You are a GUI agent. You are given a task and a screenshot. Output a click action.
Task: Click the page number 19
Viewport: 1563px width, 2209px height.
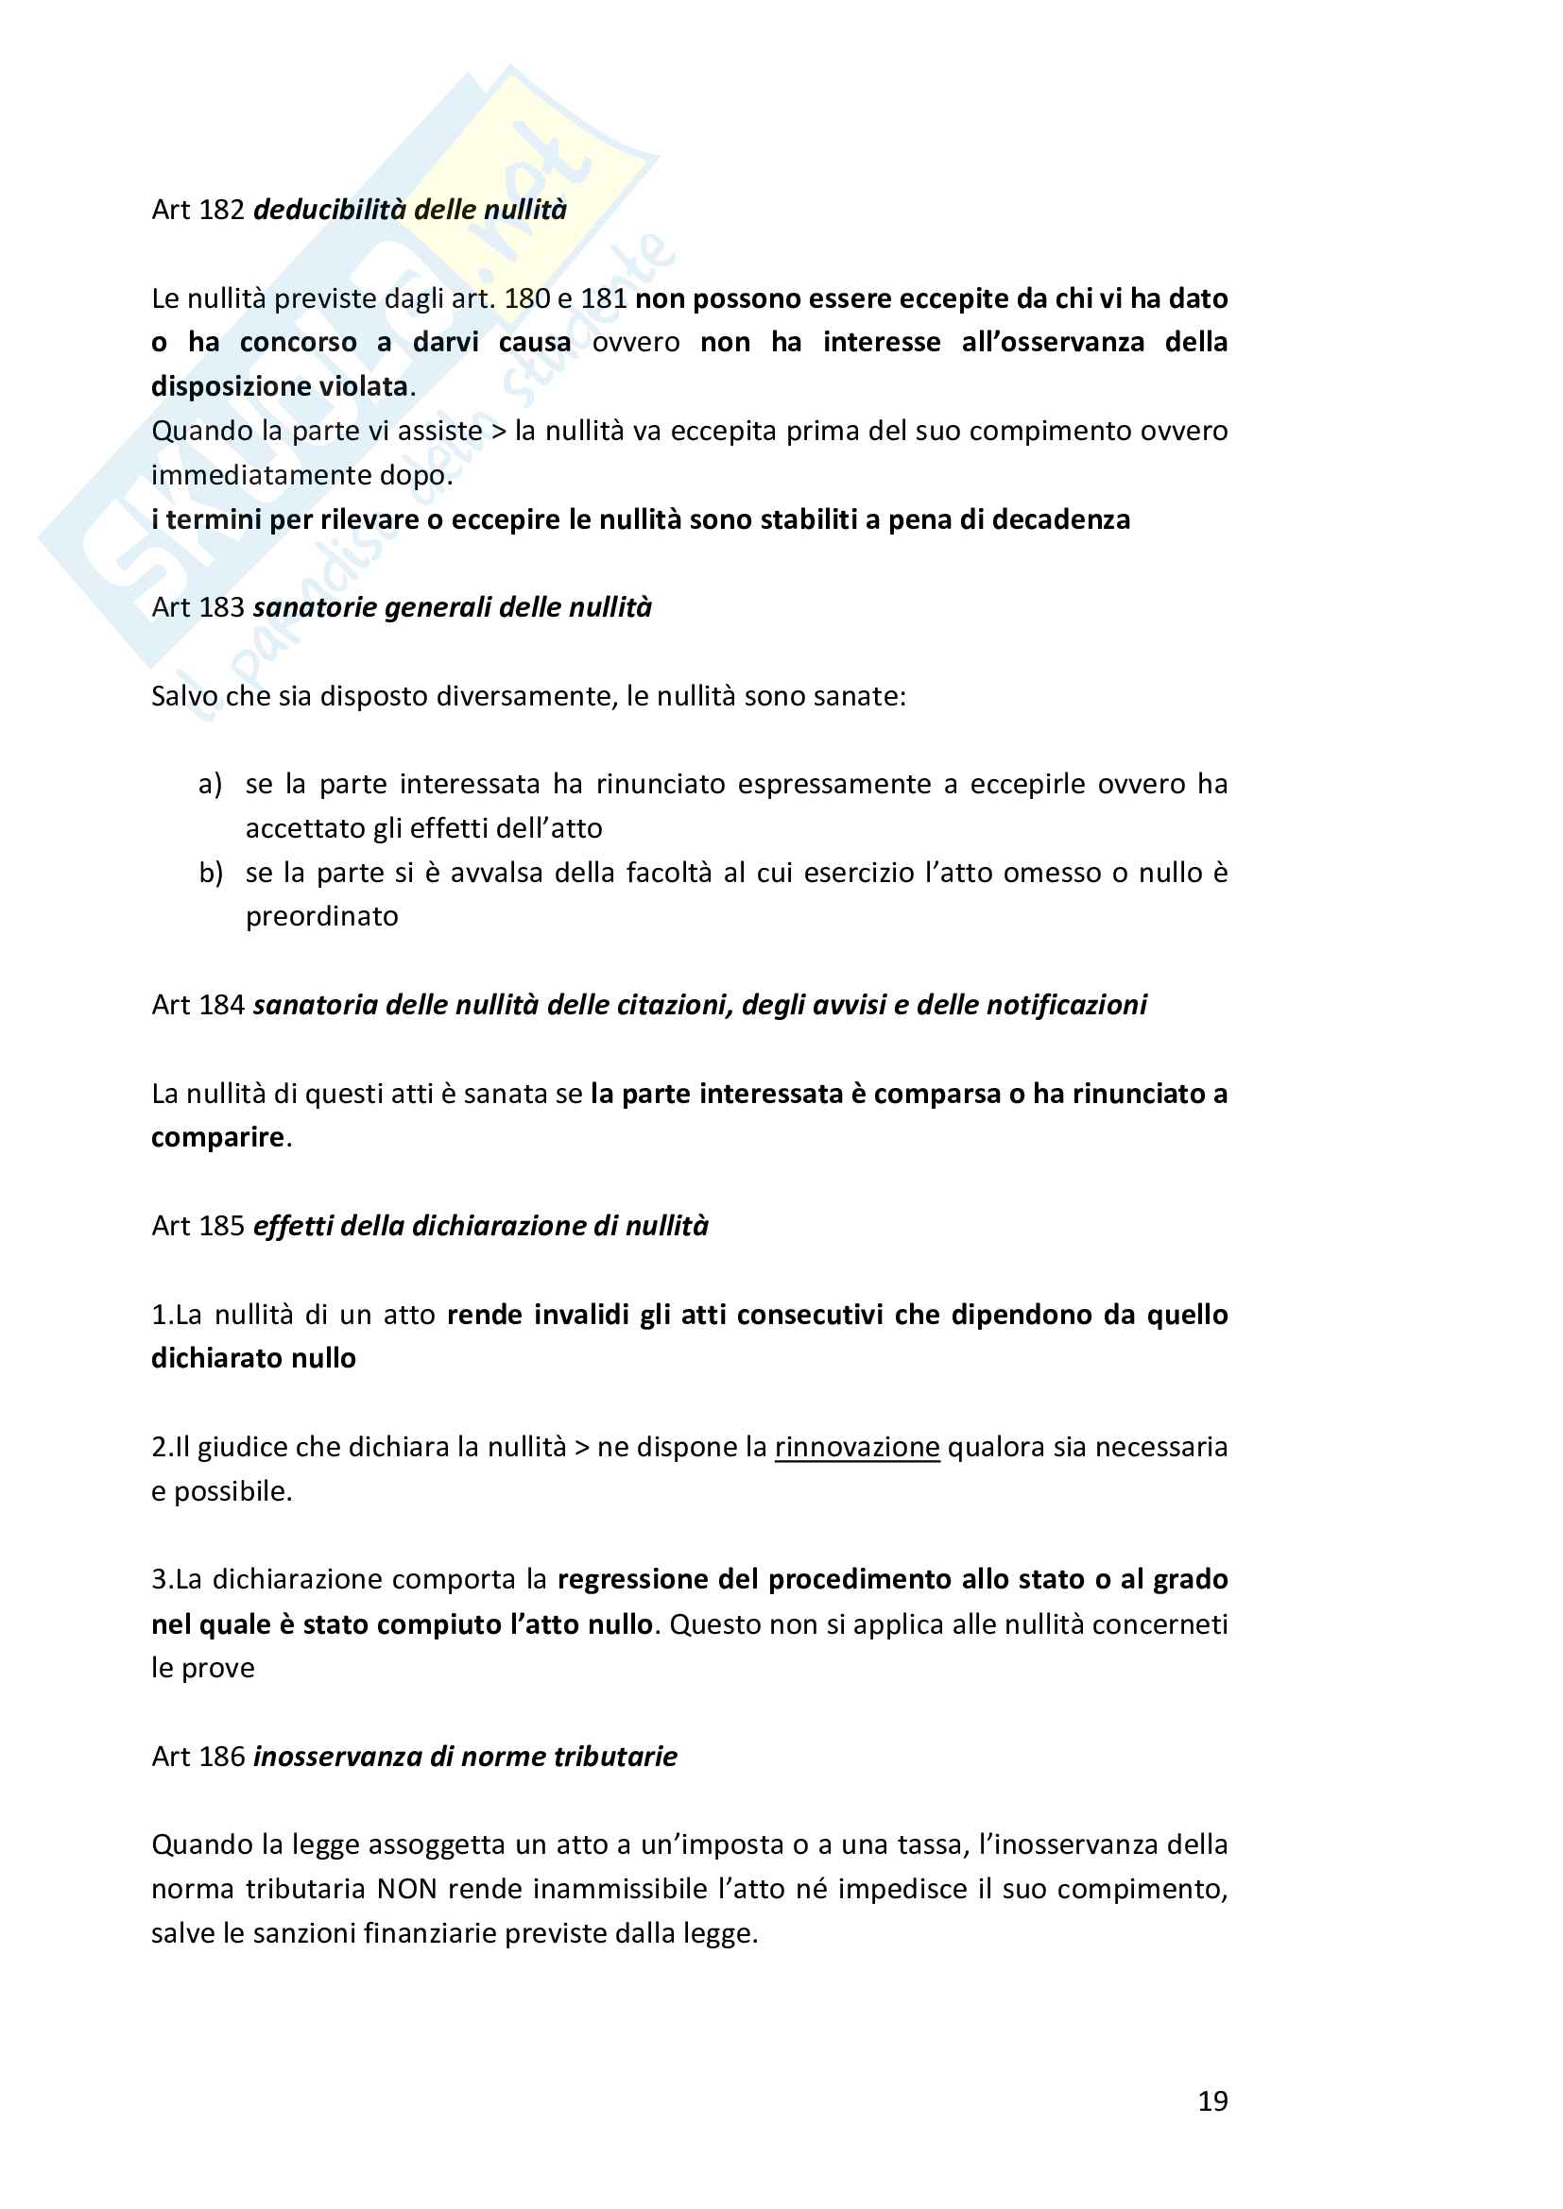pos(1211,2101)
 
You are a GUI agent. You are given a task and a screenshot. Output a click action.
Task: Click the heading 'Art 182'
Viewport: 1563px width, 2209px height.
pos(198,210)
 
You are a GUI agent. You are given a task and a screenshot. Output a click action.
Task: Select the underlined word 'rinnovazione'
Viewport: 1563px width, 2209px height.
pos(856,1447)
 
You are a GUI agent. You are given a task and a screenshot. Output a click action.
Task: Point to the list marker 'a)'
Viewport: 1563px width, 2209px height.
pos(210,784)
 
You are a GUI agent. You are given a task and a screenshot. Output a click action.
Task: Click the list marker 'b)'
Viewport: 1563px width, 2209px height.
pos(211,873)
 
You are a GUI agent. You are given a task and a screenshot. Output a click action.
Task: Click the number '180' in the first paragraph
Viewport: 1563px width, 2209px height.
pos(527,298)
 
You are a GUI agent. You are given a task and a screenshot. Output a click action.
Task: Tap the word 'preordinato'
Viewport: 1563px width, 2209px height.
pos(321,916)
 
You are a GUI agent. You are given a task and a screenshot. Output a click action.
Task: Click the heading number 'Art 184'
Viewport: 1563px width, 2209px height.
pos(198,1005)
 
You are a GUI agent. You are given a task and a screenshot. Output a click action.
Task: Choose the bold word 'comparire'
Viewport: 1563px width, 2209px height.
pos(217,1137)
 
